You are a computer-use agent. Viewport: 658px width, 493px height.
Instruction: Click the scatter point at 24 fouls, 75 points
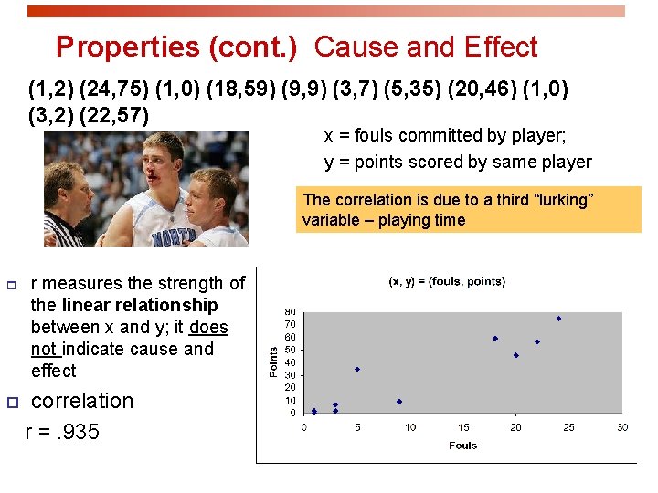coord(558,319)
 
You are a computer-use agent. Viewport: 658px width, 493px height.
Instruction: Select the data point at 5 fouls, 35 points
coord(357,369)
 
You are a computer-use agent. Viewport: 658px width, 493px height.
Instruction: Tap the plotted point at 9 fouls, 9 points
coord(399,402)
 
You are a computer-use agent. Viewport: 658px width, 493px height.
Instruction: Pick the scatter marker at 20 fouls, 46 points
coord(516,355)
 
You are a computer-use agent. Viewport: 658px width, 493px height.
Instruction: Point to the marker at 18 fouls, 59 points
coord(495,339)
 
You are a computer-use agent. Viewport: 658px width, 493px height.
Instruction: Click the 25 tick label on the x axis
coord(569,427)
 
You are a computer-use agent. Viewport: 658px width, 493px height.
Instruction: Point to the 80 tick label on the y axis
coord(290,311)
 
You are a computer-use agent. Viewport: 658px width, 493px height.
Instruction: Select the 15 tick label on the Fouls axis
coord(463,427)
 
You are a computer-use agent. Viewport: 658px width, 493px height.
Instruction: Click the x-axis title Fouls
coord(462,446)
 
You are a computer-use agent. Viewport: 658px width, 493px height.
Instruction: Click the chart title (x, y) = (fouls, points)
coord(446,281)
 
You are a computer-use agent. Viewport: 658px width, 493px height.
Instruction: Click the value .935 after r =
coord(77,432)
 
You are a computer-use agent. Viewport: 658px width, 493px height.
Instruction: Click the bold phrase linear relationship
coord(140,305)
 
